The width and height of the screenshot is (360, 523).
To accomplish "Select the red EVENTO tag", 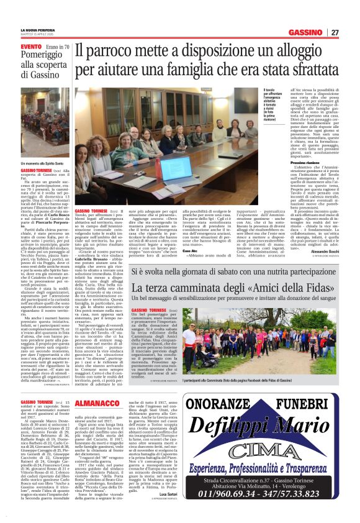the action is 31,47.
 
